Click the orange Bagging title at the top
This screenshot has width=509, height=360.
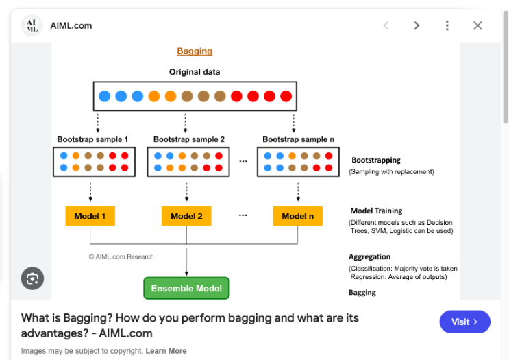(x=195, y=51)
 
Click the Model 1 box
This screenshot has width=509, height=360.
(x=90, y=216)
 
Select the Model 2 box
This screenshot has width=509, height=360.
(x=186, y=216)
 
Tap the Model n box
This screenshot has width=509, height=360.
(x=297, y=216)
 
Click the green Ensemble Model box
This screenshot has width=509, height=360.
(x=186, y=289)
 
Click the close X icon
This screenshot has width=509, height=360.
(x=477, y=25)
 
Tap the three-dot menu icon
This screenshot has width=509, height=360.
(x=447, y=25)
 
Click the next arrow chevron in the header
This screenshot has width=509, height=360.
(x=417, y=25)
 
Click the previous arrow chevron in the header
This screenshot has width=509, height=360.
(x=386, y=25)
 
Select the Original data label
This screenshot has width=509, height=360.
(x=195, y=72)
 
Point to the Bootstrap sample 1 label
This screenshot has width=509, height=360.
(x=92, y=139)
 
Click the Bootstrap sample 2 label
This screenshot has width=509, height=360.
(x=189, y=139)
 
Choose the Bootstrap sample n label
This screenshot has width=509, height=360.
(x=298, y=139)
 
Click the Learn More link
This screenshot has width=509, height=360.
(x=166, y=351)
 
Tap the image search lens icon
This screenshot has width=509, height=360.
(x=32, y=278)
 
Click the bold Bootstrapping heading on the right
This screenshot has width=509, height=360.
(x=376, y=160)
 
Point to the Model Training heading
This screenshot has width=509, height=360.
(x=376, y=211)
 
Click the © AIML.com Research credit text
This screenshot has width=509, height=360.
(x=121, y=256)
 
